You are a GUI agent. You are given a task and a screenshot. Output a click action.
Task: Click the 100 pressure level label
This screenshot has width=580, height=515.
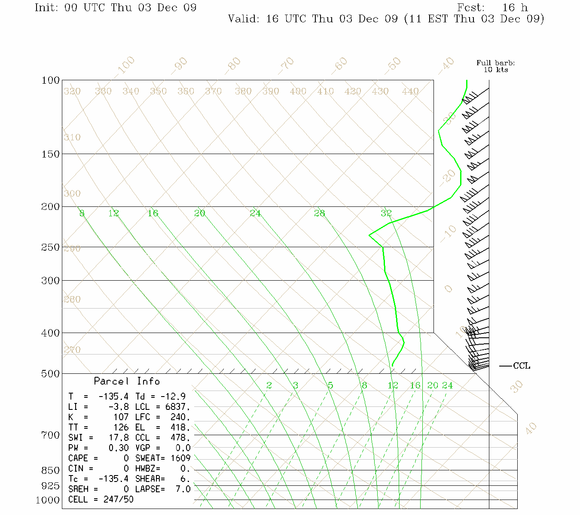point(50,81)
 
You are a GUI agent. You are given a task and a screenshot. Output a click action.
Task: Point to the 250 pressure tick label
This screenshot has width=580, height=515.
point(50,248)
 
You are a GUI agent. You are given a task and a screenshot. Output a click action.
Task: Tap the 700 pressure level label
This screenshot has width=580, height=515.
point(50,436)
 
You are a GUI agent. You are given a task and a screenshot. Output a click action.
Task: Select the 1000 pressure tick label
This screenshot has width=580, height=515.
point(48,500)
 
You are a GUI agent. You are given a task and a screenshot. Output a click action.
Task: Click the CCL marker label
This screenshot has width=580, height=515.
point(522,366)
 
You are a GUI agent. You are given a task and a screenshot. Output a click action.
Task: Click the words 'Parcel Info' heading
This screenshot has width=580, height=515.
point(127,382)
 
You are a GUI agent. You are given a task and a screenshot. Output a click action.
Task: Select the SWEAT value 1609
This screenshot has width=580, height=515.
point(180,458)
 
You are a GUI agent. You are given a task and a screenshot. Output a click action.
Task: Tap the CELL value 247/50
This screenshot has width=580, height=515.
point(118,500)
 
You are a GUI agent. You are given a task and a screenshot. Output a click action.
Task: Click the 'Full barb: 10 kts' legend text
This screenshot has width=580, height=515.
point(495,66)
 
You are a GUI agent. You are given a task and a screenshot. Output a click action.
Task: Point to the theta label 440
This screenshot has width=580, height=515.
point(410,91)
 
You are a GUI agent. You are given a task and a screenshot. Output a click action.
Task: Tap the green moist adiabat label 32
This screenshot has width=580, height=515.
point(386,213)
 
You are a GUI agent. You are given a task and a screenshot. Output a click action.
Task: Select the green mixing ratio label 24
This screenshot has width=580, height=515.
point(447,385)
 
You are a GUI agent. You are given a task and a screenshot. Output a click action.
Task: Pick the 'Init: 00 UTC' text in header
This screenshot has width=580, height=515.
point(70,8)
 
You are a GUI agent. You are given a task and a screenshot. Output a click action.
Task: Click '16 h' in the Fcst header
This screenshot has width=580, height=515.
point(515,8)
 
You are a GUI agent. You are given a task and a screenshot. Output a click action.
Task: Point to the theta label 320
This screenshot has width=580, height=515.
point(72,91)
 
